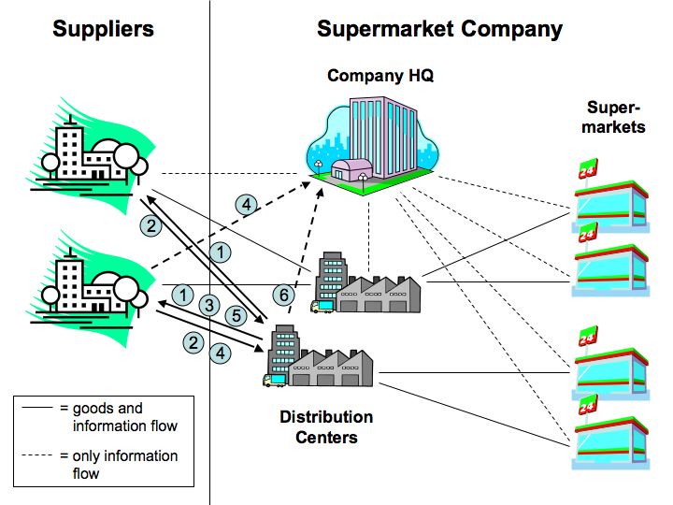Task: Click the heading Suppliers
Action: pyautogui.click(x=103, y=29)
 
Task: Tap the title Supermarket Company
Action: pyautogui.click(x=439, y=29)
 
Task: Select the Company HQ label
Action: pyautogui.click(x=380, y=76)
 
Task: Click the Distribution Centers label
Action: pyautogui.click(x=326, y=426)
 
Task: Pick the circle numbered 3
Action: pyautogui.click(x=209, y=305)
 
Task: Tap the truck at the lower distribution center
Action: pyautogui.click(x=272, y=381)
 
